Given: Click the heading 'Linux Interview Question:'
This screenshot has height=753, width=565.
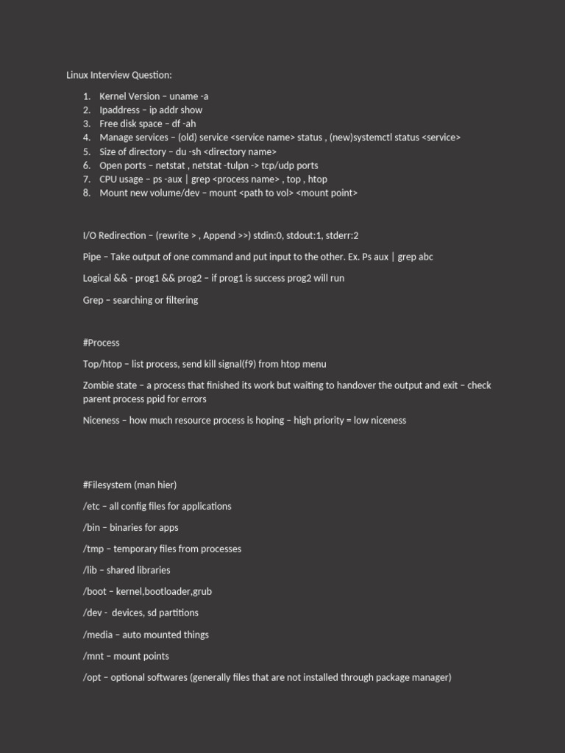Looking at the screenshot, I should (x=119, y=75).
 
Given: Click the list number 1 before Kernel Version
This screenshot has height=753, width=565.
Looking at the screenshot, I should (x=86, y=96).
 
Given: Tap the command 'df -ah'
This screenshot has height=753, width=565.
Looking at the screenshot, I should (x=184, y=124).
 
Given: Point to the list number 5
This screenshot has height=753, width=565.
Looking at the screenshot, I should (x=86, y=151).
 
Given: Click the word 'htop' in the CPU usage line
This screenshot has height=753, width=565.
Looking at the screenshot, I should (x=318, y=179).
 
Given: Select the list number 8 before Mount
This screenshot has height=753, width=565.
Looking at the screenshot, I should (x=86, y=193).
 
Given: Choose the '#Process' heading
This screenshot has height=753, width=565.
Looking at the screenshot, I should (x=102, y=343).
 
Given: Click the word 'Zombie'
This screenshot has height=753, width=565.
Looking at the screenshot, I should (x=99, y=385).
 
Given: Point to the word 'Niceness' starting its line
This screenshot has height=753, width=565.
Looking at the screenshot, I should (x=102, y=421).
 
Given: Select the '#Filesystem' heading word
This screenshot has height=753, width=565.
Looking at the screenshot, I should (x=107, y=485).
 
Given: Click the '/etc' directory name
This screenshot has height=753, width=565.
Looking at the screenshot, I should (x=91, y=507).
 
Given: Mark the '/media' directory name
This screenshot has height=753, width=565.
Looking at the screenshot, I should (x=98, y=635).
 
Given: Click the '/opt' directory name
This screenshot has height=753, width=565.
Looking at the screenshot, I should (x=92, y=677).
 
